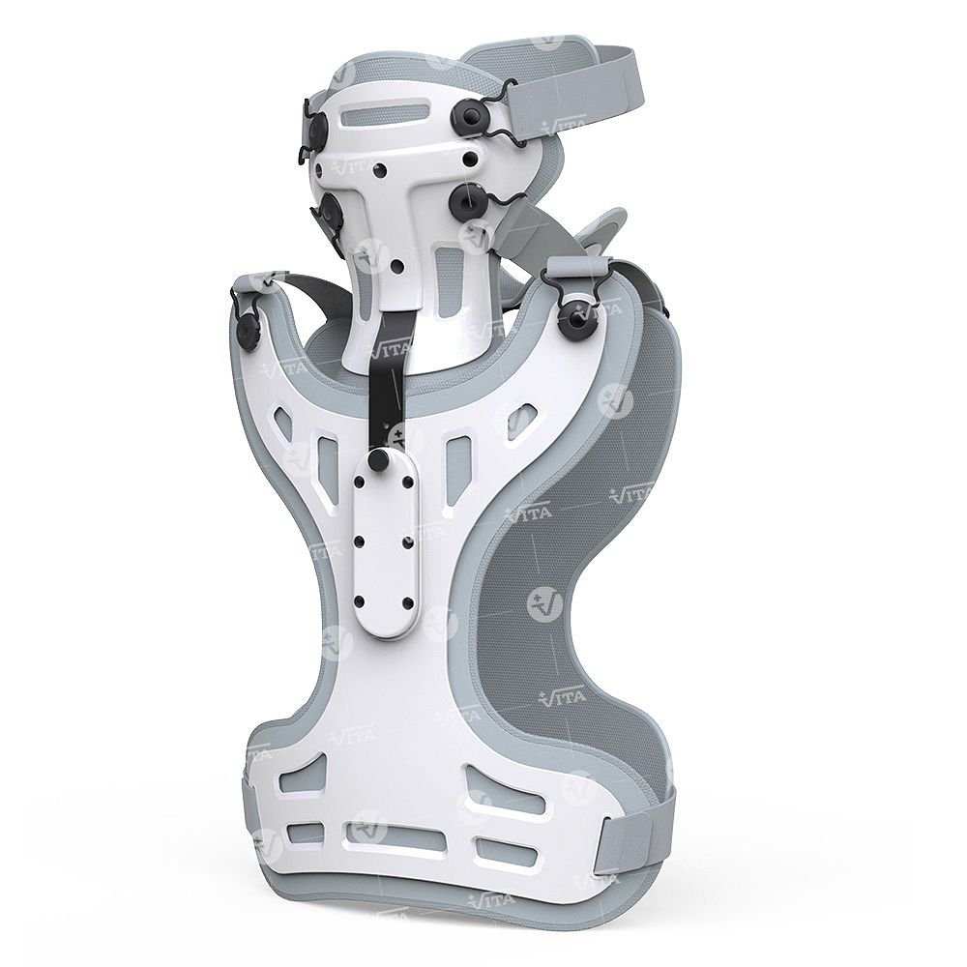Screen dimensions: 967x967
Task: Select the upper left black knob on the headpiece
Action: click(x=320, y=129)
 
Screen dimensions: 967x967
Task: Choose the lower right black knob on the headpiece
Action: click(x=465, y=200)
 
